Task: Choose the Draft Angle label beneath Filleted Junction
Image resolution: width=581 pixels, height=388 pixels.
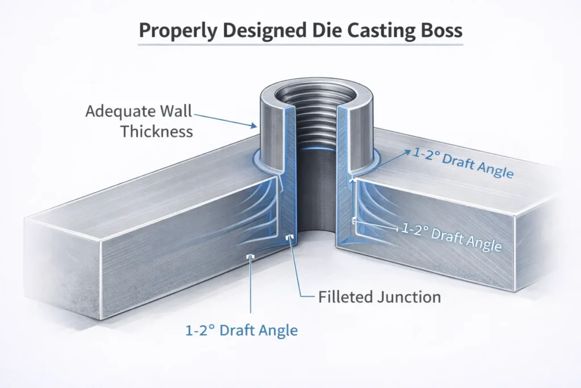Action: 242,330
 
